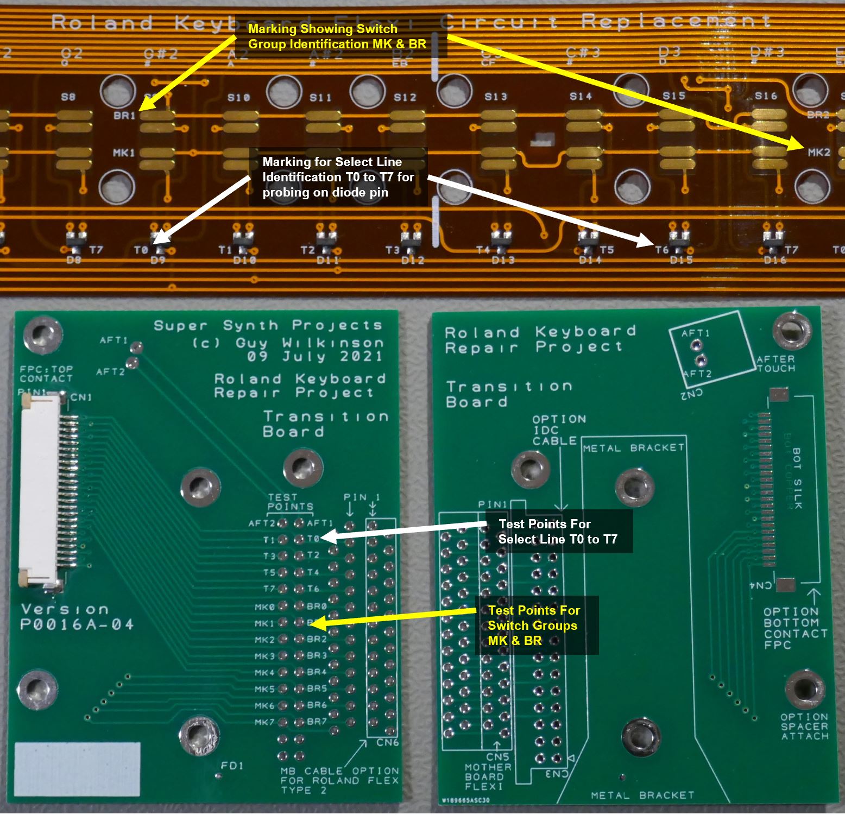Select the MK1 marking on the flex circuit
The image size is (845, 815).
click(124, 153)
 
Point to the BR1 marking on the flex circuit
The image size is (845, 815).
click(124, 115)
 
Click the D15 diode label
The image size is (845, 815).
click(681, 260)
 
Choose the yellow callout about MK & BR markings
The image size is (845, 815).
click(337, 37)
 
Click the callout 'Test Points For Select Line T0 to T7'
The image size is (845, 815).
click(558, 532)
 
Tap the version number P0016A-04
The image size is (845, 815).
click(77, 625)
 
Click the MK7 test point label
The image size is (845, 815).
click(264, 722)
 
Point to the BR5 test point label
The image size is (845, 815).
click(317, 688)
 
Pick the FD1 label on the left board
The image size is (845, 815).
click(232, 766)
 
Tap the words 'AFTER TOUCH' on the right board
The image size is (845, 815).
click(775, 364)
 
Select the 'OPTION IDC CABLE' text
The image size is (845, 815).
click(556, 430)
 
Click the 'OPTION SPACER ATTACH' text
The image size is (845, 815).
click(804, 726)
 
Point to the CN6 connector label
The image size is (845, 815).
click(387, 742)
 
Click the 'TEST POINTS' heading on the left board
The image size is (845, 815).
click(290, 502)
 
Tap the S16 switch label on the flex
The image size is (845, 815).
click(766, 96)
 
